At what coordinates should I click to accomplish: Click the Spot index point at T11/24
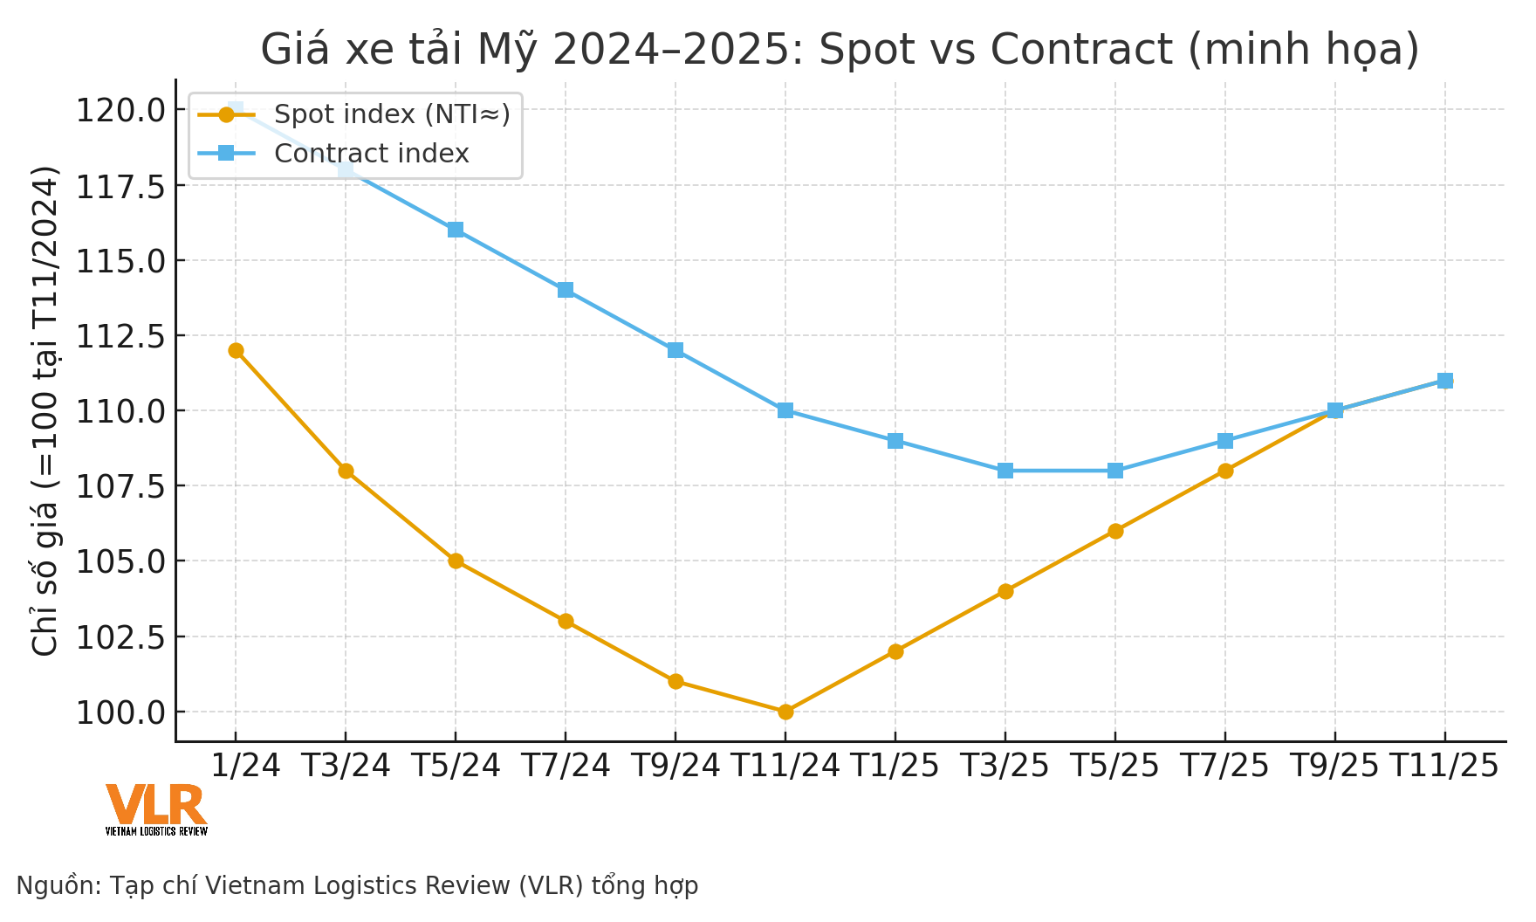785,712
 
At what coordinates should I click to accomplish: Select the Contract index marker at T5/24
456,230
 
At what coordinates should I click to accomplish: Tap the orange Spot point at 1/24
236,350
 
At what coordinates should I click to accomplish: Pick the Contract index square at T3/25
1005,471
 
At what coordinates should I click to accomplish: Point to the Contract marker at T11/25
1445,381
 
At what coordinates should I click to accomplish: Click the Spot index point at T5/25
1115,531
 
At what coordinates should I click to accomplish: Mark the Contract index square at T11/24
785,410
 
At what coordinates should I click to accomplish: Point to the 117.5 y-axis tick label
120,186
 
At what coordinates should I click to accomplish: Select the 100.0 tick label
120,712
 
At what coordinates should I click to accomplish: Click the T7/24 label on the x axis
566,766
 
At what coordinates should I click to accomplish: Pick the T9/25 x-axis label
1334,766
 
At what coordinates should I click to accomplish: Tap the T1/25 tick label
895,766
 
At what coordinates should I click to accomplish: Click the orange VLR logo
156,807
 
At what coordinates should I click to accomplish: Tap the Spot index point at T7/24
566,621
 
